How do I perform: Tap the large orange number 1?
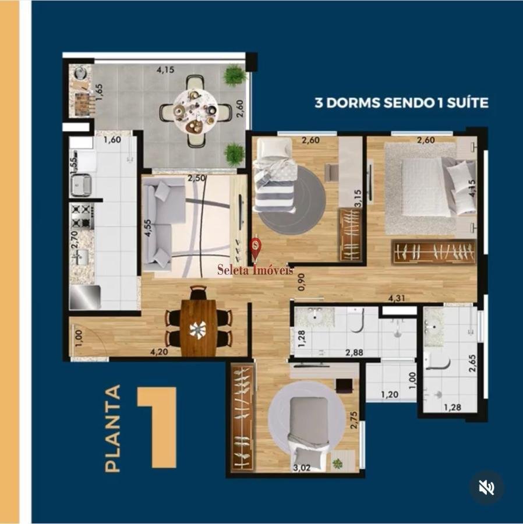[x=157, y=427]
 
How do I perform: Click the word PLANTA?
[x=112, y=428]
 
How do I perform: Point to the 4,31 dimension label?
[x=396, y=298]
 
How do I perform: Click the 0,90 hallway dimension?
[x=302, y=282]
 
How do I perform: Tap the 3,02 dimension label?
[x=302, y=468]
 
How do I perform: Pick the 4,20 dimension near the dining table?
[x=159, y=351]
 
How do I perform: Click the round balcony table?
[x=196, y=111]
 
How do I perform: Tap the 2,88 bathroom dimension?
[x=354, y=352]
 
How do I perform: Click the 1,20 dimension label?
[x=390, y=395]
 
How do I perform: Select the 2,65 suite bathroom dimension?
[x=472, y=363]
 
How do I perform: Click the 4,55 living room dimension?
[x=148, y=228]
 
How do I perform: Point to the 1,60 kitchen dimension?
[x=112, y=140]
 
